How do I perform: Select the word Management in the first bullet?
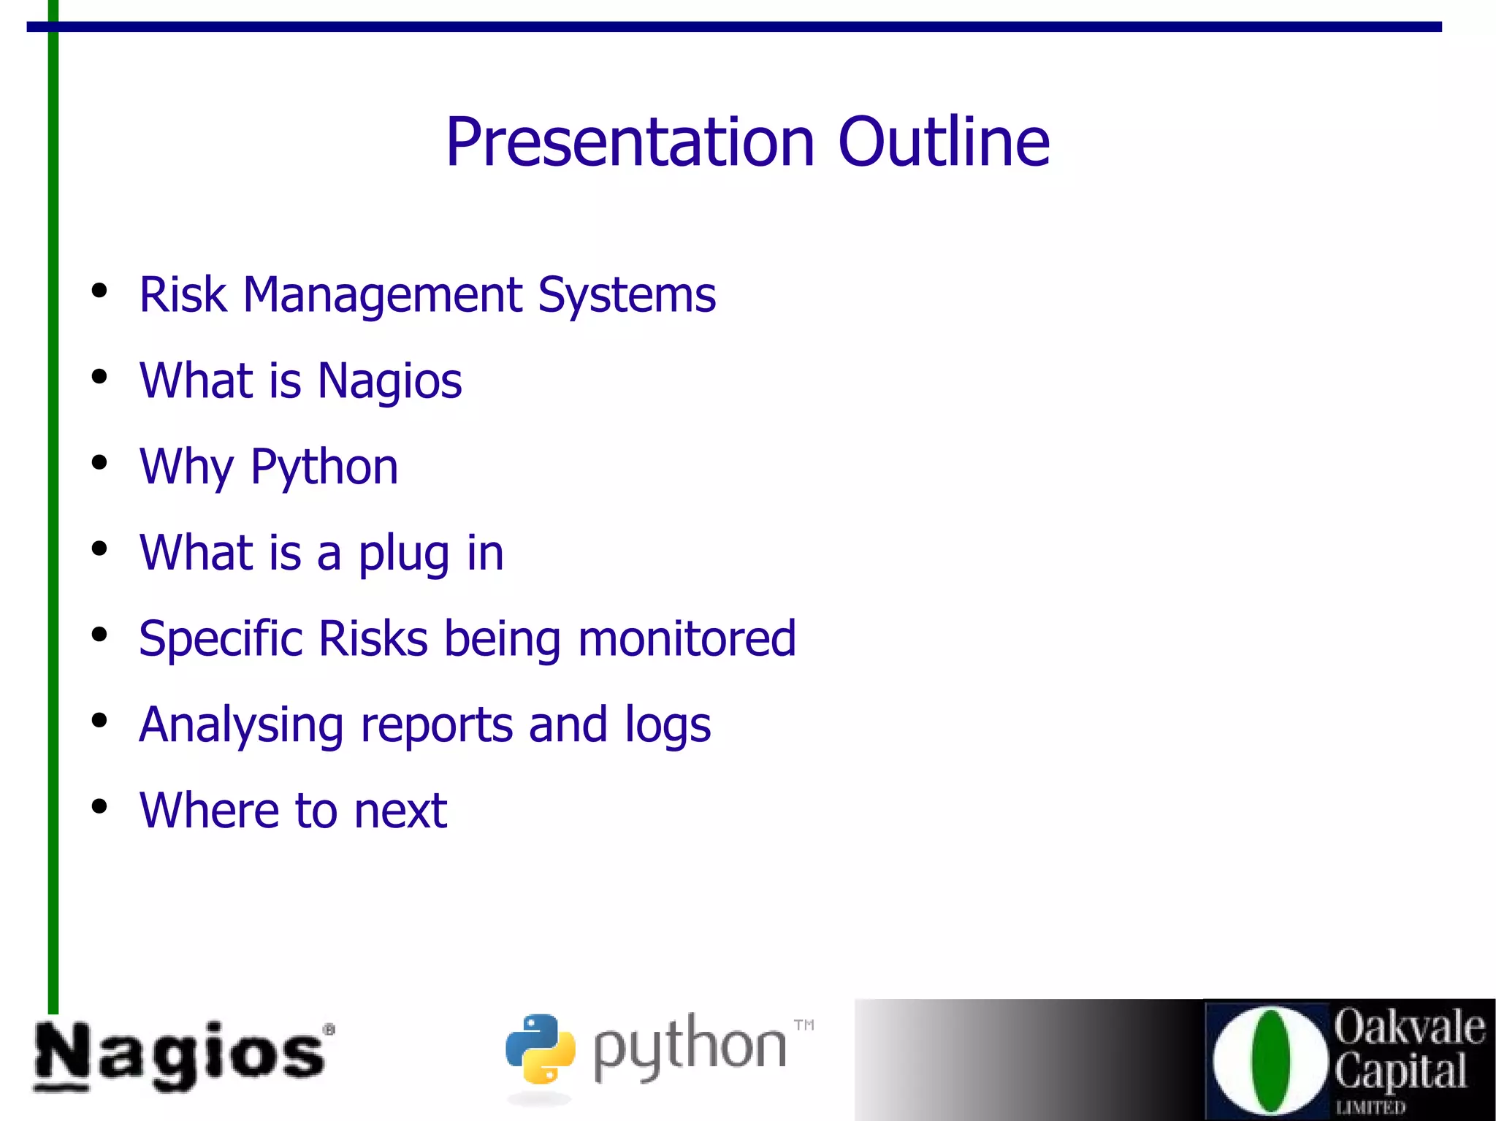pyautogui.click(x=382, y=295)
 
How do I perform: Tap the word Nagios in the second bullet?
pyautogui.click(x=389, y=381)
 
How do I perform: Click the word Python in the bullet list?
pyautogui.click(x=324, y=467)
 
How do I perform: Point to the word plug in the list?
pyautogui.click(x=403, y=554)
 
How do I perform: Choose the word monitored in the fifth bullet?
pyautogui.click(x=687, y=639)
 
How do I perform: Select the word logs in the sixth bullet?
pyautogui.click(x=668, y=725)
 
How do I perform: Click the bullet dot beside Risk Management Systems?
pyautogui.click(x=99, y=291)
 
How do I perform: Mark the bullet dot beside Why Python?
pyautogui.click(x=99, y=463)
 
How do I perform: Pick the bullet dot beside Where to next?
pyautogui.click(x=99, y=806)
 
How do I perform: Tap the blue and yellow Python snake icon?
pyautogui.click(x=540, y=1049)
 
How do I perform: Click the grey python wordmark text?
pyautogui.click(x=689, y=1047)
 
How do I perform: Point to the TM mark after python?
pyautogui.click(x=804, y=1025)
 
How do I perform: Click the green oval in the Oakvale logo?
pyautogui.click(x=1270, y=1060)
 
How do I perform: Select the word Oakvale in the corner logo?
pyautogui.click(x=1408, y=1027)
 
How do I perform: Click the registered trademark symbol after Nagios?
pyautogui.click(x=329, y=1029)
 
